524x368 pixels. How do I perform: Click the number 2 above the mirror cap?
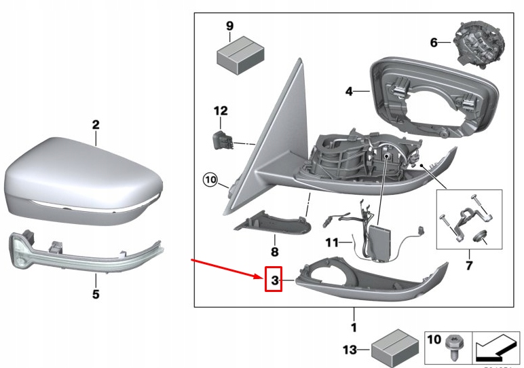[x=96, y=125]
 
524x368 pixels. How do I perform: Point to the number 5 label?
[x=96, y=294]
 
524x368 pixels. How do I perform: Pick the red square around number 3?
[x=273, y=280]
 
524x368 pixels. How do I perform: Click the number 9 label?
[x=229, y=26]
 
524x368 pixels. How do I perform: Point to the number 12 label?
[x=221, y=111]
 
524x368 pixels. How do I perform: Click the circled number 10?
[x=210, y=181]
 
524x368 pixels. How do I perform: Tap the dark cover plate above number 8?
[x=272, y=221]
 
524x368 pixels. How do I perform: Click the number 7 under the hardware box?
[x=469, y=263]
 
